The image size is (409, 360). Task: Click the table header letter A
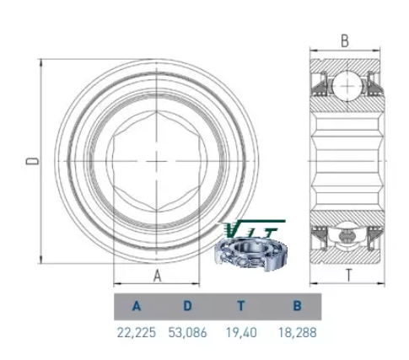tap(137, 306)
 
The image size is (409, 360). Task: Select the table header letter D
tap(187, 306)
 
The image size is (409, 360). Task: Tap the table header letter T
tap(241, 306)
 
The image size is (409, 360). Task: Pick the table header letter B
tap(297, 306)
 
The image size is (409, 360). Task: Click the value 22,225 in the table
tap(137, 333)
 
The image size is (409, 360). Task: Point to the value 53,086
tap(187, 333)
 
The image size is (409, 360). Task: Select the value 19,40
tap(241, 333)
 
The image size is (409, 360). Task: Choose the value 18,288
tap(297, 333)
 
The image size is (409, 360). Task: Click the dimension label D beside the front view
tap(32, 161)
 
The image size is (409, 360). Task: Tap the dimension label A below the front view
tap(157, 276)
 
